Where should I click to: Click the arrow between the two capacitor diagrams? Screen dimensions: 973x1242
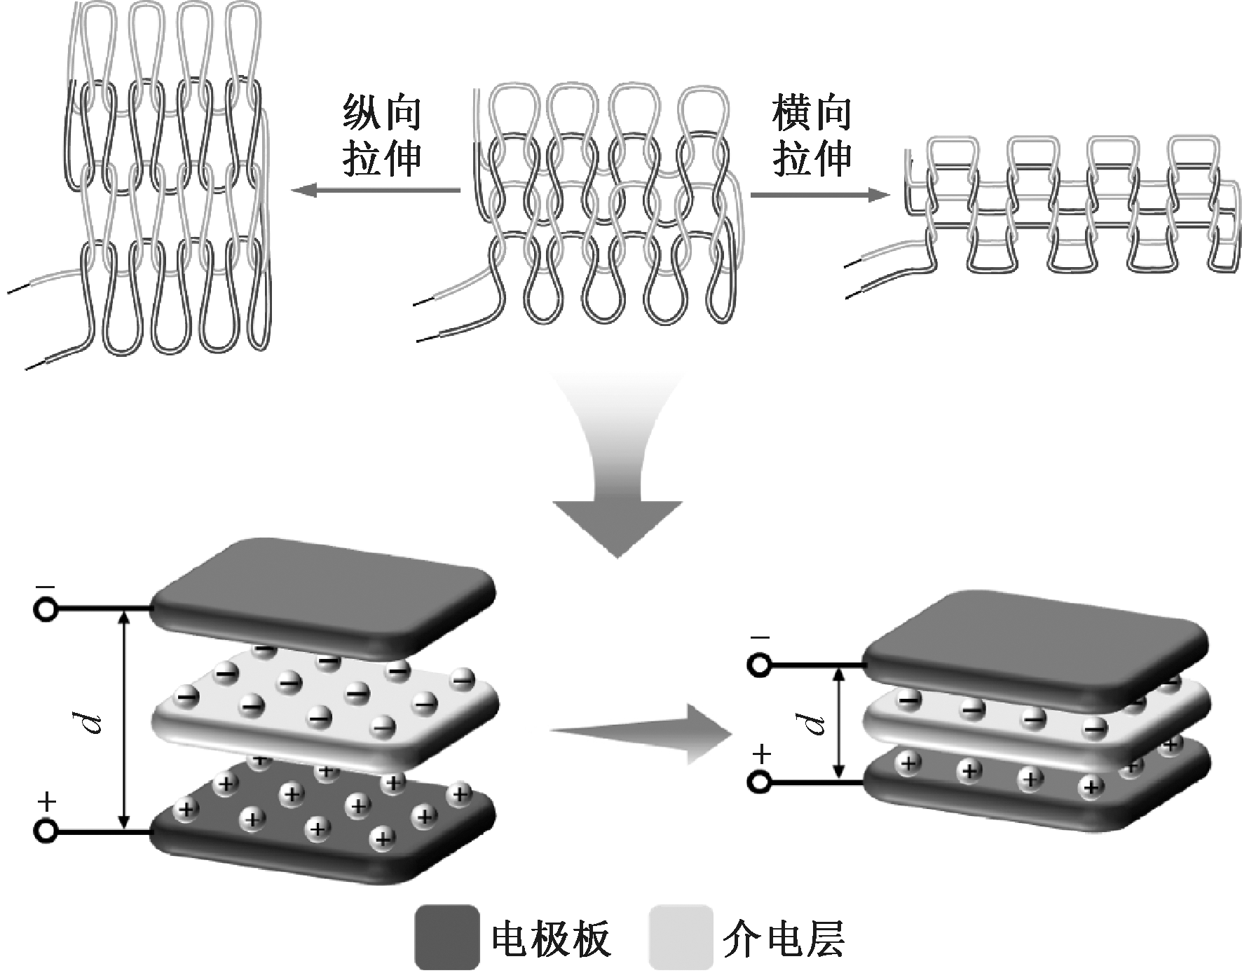[x=641, y=733]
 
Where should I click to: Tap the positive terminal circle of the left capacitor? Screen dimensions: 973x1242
[x=46, y=831]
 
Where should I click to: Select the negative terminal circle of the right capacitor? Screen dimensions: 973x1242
[x=759, y=665]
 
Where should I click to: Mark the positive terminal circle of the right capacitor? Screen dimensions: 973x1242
[x=759, y=781]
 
